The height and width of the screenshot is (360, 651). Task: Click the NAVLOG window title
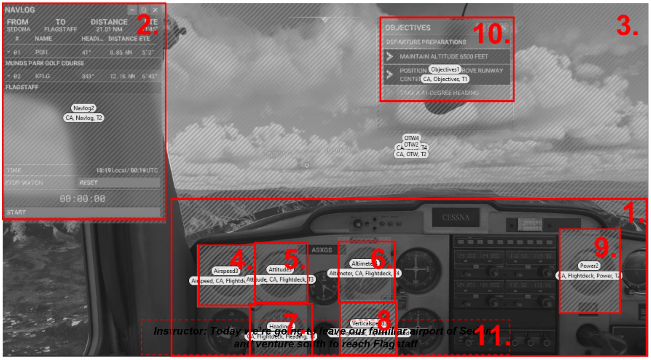tap(20, 10)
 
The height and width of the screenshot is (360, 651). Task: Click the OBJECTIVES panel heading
tap(408, 28)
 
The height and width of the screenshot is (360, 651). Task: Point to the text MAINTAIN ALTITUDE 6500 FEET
tap(443, 57)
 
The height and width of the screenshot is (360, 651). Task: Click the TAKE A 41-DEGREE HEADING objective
tap(439, 93)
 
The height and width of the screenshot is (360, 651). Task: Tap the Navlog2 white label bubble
tap(84, 108)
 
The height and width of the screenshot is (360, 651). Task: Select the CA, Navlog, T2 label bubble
tap(84, 118)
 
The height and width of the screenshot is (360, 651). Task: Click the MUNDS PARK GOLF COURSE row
tap(45, 63)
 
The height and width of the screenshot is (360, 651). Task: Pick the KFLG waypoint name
tap(42, 76)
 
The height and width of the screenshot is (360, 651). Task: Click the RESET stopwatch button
tap(118, 183)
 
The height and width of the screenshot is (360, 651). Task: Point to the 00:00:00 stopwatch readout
tap(82, 199)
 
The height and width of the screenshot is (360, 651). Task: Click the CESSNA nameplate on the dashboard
tap(455, 218)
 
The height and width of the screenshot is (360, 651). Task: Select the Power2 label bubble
tap(589, 266)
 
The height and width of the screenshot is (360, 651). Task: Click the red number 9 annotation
tap(604, 247)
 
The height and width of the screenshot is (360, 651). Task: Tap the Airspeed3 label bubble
tap(226, 271)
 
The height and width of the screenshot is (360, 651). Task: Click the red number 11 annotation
tap(492, 336)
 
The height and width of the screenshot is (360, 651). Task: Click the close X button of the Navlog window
tap(155, 10)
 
